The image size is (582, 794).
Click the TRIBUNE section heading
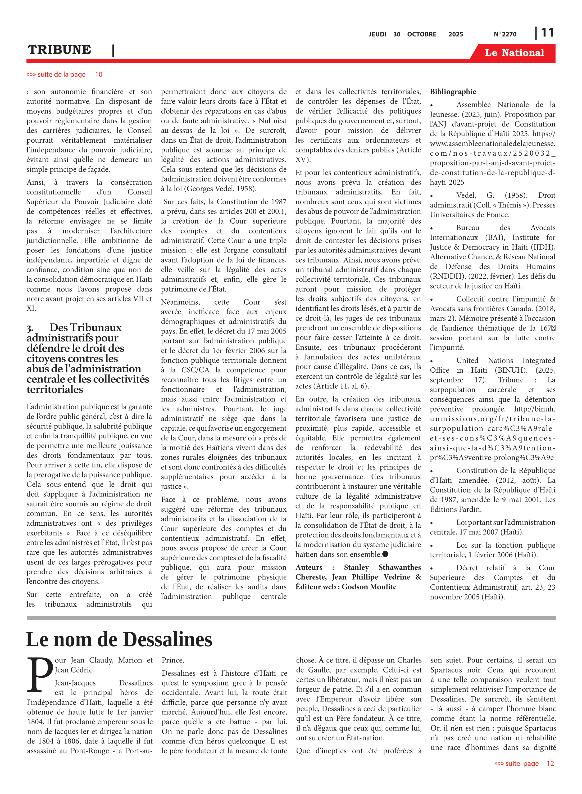point(60,50)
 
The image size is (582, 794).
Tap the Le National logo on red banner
point(514,53)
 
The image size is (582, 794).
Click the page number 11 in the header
point(547,33)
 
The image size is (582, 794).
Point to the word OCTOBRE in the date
point(421,34)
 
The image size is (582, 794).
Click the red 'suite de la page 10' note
point(64,74)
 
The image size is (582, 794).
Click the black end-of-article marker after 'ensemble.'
point(385,554)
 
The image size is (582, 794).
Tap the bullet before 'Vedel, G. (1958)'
point(431,196)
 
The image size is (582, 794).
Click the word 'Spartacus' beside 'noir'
point(446,670)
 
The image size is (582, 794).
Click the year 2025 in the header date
point(456,34)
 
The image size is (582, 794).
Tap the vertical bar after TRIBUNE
point(113,50)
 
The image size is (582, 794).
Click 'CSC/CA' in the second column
point(195,370)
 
